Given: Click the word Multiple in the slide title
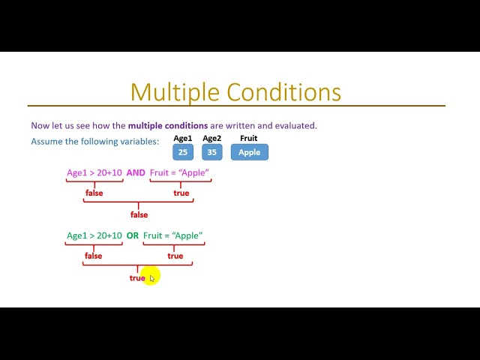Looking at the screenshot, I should point(176,91).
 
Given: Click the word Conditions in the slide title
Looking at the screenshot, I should point(284,91).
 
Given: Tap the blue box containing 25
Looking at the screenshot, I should point(183,152).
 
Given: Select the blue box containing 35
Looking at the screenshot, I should point(212,152).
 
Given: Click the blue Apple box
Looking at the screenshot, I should point(249,152).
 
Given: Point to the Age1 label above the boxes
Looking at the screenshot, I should point(183,138).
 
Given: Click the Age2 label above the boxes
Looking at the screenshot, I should point(212,138).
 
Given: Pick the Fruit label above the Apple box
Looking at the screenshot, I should point(249,138).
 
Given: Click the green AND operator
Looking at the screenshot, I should point(136,172).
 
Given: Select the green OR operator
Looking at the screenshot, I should point(133,235).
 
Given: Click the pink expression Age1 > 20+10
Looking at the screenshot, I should point(94,172).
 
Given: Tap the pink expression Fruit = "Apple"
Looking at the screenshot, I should point(179,172).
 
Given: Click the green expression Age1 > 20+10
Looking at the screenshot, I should point(94,235).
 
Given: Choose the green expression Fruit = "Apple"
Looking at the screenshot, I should point(173,235).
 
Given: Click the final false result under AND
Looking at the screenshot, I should point(139,214).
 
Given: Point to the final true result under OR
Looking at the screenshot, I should point(137,277).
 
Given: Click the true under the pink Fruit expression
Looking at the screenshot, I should point(181,193).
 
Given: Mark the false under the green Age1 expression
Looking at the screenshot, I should point(93,256).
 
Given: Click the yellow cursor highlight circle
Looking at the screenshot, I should point(151,277).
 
